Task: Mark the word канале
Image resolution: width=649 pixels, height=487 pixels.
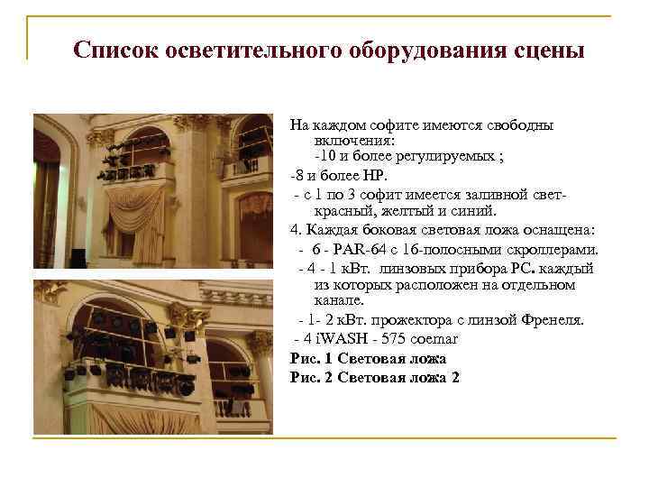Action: point(339,299)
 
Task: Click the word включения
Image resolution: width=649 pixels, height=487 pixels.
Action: point(351,140)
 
